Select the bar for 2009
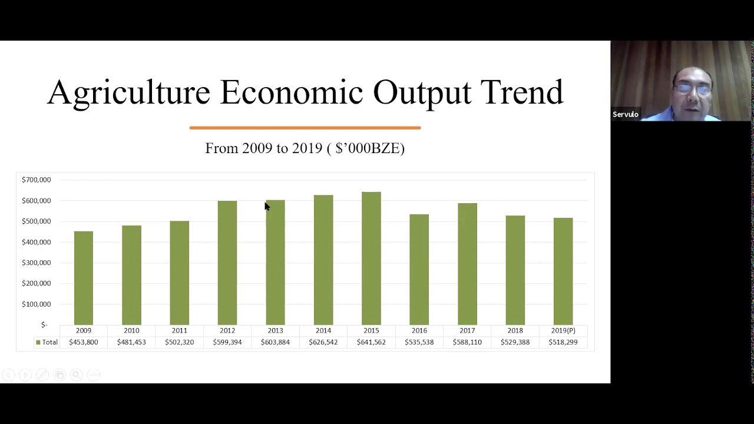coord(84,277)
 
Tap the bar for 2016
coord(419,269)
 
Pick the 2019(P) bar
coord(563,271)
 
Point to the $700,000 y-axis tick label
coord(37,180)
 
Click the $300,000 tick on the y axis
coord(37,263)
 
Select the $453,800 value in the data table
coord(84,342)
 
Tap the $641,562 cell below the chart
coord(371,342)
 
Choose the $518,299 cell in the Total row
coord(563,342)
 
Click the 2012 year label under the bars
coord(227,330)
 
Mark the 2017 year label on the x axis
coord(467,330)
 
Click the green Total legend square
coord(38,342)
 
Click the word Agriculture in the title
coord(128,92)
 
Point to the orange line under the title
coord(305,127)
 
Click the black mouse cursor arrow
coord(267,206)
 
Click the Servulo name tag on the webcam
coord(626,114)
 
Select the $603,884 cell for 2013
coord(275,342)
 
